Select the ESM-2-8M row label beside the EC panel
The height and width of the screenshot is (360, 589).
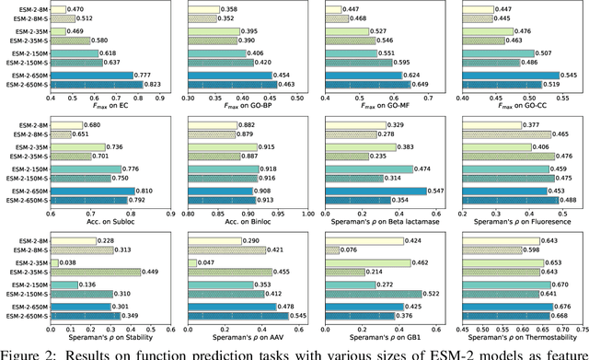coord(30,8)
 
